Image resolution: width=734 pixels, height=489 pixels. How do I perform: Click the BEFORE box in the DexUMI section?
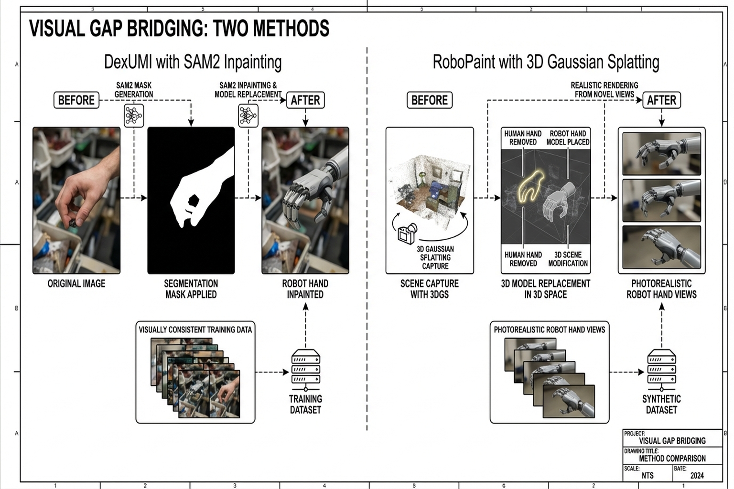[x=76, y=100]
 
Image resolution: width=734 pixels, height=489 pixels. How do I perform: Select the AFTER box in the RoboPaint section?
[x=661, y=100]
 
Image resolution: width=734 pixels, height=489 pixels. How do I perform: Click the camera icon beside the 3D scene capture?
[x=407, y=234]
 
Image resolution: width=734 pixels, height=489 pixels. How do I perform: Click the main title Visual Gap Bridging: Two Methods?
[x=179, y=29]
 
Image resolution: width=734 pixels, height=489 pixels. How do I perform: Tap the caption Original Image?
[x=76, y=284]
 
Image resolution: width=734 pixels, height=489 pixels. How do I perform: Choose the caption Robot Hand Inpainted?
[x=305, y=289]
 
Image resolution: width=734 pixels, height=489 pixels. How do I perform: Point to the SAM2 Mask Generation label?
[x=134, y=90]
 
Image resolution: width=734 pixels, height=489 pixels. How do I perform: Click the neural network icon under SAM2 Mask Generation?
[x=134, y=116]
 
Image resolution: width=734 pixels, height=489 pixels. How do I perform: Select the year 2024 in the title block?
[x=697, y=476]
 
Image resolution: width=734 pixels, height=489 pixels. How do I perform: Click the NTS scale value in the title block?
[x=648, y=476]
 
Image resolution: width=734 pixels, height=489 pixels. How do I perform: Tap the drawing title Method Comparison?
[x=672, y=458]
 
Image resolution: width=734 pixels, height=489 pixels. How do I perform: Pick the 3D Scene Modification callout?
[x=568, y=259]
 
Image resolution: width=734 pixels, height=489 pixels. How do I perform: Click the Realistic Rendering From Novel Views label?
[x=604, y=90]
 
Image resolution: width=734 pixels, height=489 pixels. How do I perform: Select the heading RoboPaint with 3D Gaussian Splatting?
[x=546, y=62]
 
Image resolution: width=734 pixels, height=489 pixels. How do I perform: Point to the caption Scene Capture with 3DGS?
[x=429, y=289]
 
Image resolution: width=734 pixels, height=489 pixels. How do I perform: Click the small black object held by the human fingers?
[x=72, y=223]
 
